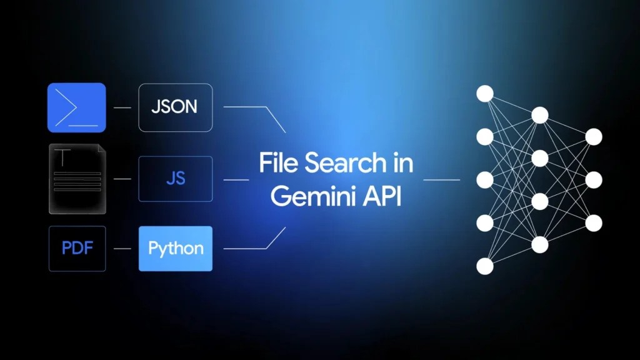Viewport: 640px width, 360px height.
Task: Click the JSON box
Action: (x=175, y=107)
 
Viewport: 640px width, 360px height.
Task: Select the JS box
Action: (x=176, y=179)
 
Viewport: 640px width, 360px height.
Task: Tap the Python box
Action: (x=176, y=249)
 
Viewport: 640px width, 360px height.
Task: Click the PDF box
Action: (x=77, y=249)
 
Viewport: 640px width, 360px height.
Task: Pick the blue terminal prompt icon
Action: (x=77, y=107)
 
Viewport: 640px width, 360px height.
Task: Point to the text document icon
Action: (x=77, y=179)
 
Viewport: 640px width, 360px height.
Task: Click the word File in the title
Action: (x=278, y=164)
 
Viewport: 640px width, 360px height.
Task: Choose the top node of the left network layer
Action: (x=485, y=93)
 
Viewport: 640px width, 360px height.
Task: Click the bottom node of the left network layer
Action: (x=485, y=266)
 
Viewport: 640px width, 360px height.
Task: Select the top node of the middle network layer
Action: (x=540, y=115)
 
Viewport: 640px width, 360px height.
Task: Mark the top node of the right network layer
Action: (x=594, y=136)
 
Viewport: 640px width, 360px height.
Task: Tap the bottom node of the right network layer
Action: (x=594, y=223)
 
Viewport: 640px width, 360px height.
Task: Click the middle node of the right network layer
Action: (x=594, y=180)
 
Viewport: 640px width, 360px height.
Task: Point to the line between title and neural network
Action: (x=441, y=179)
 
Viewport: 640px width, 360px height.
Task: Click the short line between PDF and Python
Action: (x=122, y=249)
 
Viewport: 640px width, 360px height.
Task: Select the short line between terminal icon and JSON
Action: (x=122, y=107)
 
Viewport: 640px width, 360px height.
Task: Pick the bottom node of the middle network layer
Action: (x=540, y=244)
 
